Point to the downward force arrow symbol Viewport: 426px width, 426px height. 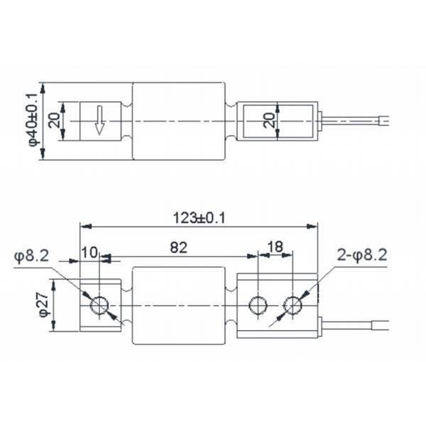pyautogui.click(x=99, y=121)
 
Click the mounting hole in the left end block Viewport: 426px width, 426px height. pyautogui.click(x=99, y=306)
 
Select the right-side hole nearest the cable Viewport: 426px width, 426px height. pyautogui.click(x=292, y=305)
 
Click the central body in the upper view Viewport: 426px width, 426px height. pyautogui.click(x=179, y=121)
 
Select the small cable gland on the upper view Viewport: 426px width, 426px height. pyautogui.click(x=322, y=121)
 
